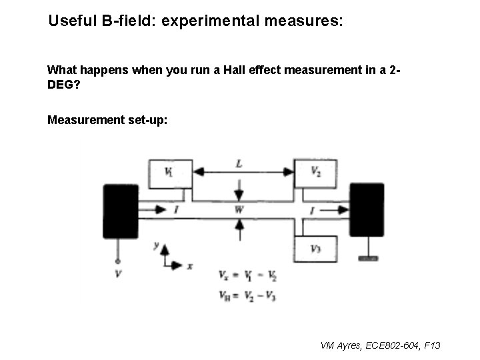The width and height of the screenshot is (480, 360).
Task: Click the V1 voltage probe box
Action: tap(170, 173)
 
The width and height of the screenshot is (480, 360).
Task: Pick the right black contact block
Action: tap(367, 209)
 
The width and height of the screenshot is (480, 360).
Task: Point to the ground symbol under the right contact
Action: tap(368, 257)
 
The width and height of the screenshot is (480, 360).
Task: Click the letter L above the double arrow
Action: tap(239, 163)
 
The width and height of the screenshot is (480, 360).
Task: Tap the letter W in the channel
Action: tap(239, 209)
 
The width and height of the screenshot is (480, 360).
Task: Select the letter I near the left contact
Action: tap(175, 209)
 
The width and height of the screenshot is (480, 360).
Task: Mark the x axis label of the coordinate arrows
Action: tap(190, 265)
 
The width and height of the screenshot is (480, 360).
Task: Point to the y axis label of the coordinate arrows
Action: tap(156, 245)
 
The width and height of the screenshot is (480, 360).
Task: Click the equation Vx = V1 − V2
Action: tap(247, 275)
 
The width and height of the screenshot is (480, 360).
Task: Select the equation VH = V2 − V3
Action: tap(247, 296)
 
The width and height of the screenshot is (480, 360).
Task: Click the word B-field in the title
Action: tap(129, 21)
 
